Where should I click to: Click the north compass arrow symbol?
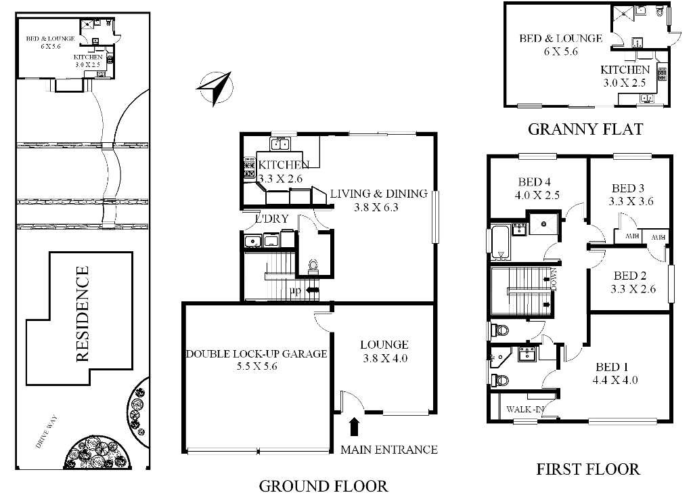216,89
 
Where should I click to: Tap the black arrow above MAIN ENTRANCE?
354,427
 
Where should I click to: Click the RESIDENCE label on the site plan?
83,314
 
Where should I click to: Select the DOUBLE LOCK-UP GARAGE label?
256,354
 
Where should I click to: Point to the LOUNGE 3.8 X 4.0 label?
385,351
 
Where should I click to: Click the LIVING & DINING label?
379,194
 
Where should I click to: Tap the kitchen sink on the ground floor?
280,144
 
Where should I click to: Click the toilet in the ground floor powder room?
313,266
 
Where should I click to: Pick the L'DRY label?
272,219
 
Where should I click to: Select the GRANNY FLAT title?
585,129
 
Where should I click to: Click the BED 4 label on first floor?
535,181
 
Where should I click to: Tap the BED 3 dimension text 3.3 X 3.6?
631,201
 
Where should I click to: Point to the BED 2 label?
630,276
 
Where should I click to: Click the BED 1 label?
612,367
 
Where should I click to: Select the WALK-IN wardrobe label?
525,409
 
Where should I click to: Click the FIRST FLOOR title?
588,469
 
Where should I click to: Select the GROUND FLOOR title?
323,486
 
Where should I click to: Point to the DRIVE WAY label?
47,431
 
